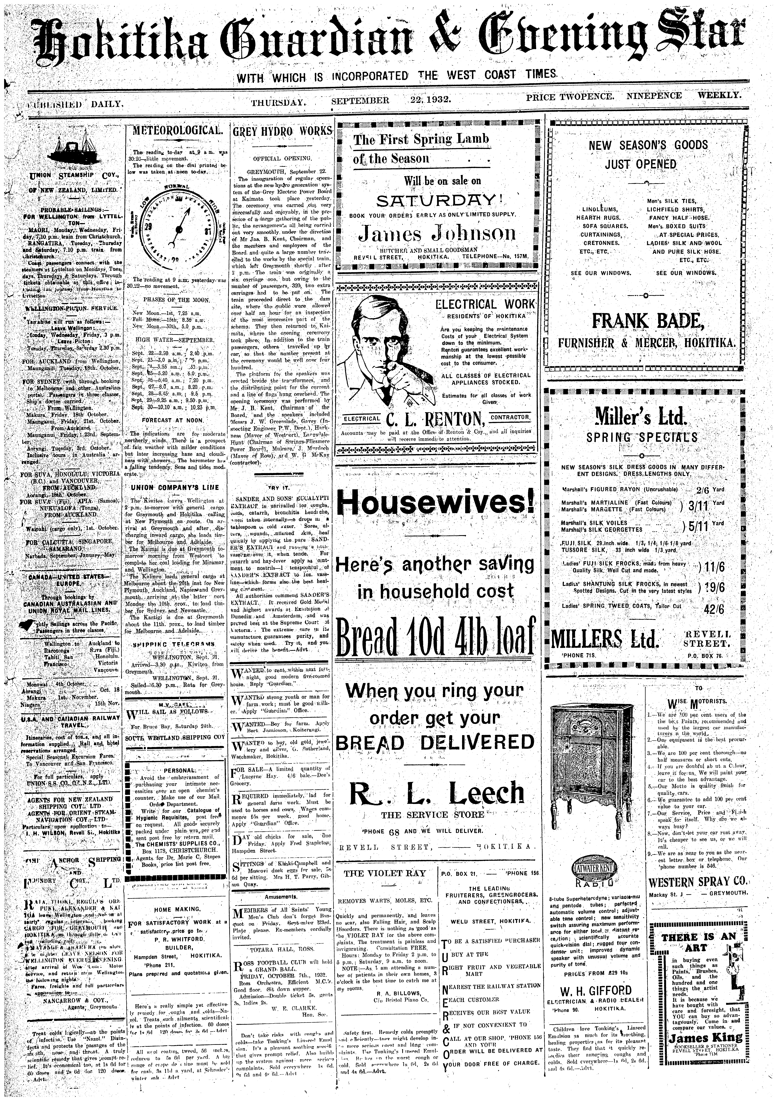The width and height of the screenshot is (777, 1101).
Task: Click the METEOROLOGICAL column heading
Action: coord(175,130)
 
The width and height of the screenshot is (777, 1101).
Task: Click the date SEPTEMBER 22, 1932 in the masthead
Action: coord(390,101)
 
